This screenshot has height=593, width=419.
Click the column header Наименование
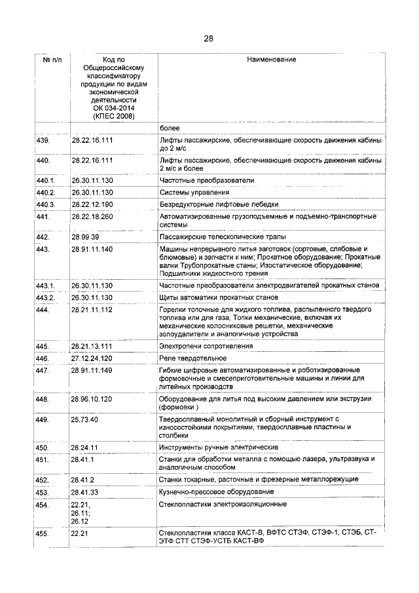pyautogui.click(x=271, y=60)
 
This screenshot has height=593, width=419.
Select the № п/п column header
pyautogui.click(x=51, y=60)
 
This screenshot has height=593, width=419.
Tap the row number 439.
pyautogui.click(x=43, y=141)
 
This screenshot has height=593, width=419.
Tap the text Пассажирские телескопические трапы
pyautogui.click(x=222, y=237)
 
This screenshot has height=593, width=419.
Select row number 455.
pyautogui.click(x=43, y=533)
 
